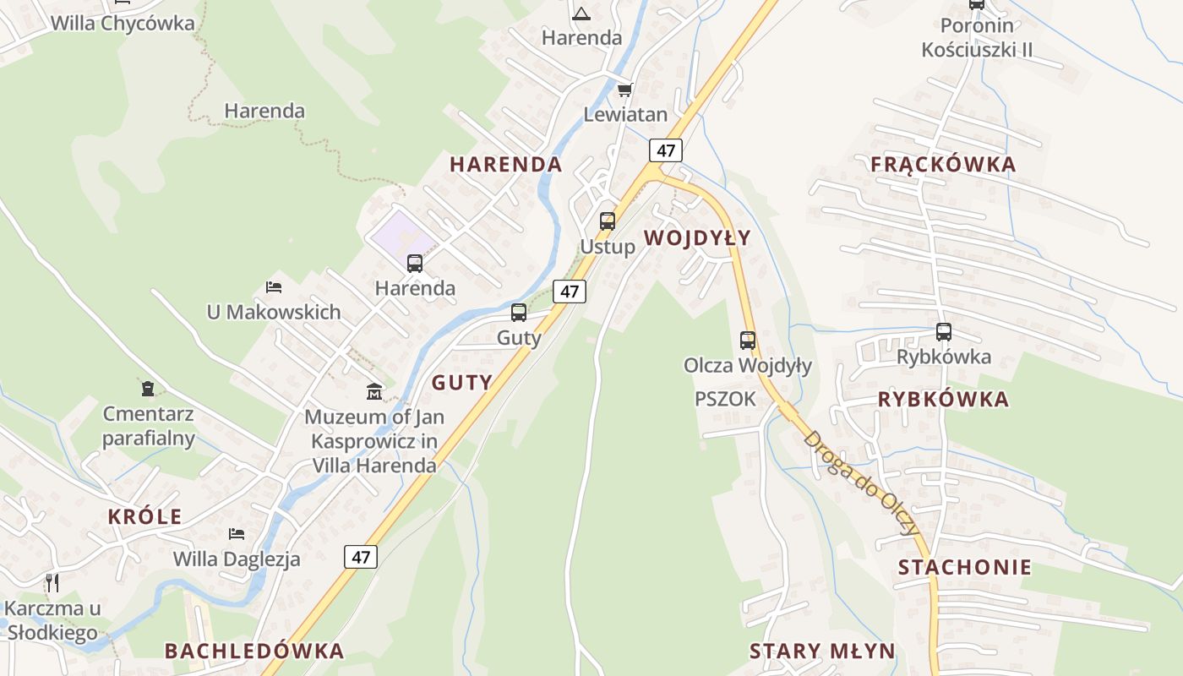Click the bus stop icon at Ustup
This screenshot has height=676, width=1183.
click(x=607, y=221)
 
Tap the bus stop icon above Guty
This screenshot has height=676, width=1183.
click(x=519, y=313)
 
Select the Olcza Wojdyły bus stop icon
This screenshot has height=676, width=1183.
click(x=748, y=341)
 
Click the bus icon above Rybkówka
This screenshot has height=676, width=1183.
click(x=944, y=332)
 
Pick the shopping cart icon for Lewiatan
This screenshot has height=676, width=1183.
click(x=624, y=90)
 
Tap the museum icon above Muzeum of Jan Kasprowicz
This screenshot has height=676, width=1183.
click(x=373, y=391)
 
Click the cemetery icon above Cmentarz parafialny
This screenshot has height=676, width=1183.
click(x=149, y=389)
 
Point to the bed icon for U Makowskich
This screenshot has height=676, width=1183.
click(x=274, y=287)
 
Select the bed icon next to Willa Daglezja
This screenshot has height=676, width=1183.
click(x=237, y=534)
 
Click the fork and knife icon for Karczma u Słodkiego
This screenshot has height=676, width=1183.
click(x=52, y=582)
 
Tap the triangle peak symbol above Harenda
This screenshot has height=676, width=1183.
click(x=581, y=14)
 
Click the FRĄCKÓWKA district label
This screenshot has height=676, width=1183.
click(x=943, y=165)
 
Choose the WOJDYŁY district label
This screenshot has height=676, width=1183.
click(x=697, y=238)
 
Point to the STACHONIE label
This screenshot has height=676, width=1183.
click(x=965, y=567)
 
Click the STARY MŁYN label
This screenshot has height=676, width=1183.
click(x=822, y=651)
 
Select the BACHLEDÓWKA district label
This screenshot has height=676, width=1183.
click(x=254, y=651)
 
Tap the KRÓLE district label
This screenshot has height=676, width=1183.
click(x=144, y=516)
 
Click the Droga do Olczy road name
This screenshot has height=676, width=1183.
click(x=860, y=482)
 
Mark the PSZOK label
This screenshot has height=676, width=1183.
click(x=725, y=399)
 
